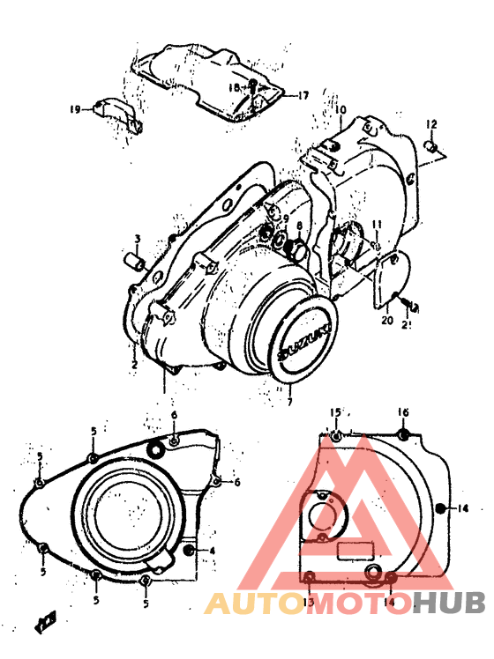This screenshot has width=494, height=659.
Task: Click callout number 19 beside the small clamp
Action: pos(76,109)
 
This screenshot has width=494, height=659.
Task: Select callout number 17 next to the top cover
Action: pos(303,95)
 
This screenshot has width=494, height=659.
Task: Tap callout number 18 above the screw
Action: pos(235,88)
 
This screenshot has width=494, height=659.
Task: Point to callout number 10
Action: pos(341,109)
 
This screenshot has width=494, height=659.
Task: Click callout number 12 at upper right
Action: pos(431,123)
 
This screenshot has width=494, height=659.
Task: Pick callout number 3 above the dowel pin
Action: pos(138,239)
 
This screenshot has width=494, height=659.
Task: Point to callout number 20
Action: pos(385,322)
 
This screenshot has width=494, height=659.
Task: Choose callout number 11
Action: pos(376,224)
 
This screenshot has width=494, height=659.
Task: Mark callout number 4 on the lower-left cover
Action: pos(212,552)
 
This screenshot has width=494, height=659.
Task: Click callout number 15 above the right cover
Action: pos(335,412)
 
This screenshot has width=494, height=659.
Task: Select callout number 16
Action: pos(402,412)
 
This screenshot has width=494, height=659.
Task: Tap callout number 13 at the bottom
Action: pos(309,602)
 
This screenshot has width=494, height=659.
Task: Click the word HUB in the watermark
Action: pos(449,603)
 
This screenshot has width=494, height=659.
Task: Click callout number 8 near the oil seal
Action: pos(299,226)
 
